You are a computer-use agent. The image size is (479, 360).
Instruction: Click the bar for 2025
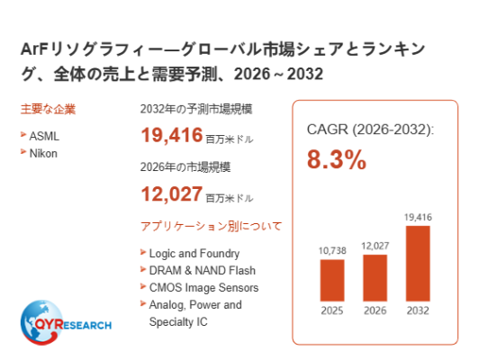pos(332,280)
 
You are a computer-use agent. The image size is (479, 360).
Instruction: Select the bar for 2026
pos(375,278)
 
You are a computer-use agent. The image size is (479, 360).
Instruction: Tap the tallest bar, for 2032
pos(418,264)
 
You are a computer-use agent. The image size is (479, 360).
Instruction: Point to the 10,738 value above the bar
pos(332,251)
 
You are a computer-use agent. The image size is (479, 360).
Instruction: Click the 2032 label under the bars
pos(418,310)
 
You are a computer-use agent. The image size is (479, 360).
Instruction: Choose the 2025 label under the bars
pos(332,310)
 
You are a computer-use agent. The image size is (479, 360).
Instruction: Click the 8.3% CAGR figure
pos(337,159)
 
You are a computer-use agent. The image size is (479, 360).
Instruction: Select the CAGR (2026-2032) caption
pos(370,130)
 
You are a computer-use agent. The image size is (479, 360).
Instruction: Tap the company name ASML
pos(44,136)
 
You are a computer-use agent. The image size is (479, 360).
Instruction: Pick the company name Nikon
pos(43,153)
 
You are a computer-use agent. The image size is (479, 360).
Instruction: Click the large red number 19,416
pos(172,135)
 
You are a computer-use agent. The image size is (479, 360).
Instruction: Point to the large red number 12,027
pos(172,193)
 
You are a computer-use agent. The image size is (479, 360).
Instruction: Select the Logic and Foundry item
pos(194,254)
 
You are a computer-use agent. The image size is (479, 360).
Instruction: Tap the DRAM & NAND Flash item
pos(203,271)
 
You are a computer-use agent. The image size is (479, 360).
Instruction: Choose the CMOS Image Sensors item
pos(203,288)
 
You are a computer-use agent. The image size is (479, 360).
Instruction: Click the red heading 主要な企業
pos(48,109)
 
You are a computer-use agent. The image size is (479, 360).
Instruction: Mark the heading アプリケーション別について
pos(211,226)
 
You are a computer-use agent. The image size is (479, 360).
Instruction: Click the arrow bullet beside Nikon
pos(23,151)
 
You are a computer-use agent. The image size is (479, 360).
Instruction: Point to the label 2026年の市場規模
pos(185,167)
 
